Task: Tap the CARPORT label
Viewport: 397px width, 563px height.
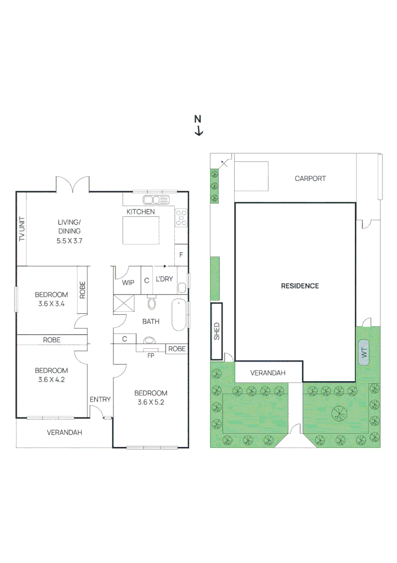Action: pos(310,178)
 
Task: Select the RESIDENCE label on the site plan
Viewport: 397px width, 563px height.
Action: pos(300,286)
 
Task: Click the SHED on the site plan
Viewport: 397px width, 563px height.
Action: pos(216,331)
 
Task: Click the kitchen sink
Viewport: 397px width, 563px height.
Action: pos(156,200)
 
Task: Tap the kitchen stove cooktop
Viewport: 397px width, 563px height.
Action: pos(181,217)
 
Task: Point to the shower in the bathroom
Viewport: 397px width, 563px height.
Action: pos(125,303)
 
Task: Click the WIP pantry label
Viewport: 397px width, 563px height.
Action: pos(128,282)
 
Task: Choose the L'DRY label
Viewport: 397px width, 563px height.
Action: pos(164,279)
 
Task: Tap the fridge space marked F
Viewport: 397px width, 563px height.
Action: pos(181,255)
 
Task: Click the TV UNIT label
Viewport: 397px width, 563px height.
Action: pos(22,229)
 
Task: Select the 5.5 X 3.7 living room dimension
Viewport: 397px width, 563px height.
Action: pos(69,241)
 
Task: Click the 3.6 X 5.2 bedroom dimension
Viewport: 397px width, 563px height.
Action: pos(151,402)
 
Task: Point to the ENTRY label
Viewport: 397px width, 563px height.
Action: pos(100,399)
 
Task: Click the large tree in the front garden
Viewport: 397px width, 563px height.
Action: pos(339,413)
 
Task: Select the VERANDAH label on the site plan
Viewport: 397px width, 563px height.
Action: pos(268,373)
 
